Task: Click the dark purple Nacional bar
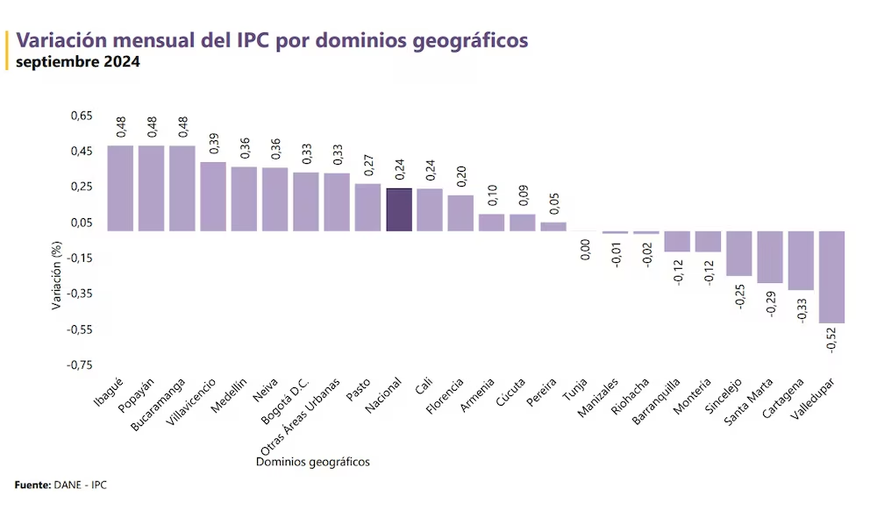pos(399,209)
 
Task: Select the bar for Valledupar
pos(831,277)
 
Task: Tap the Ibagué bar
pos(120,188)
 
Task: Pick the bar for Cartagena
pos(801,260)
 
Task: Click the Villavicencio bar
pos(213,196)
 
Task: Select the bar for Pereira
pos(553,226)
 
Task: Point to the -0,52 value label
pos(832,339)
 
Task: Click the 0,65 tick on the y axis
pos(81,116)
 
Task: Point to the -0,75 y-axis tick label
pos(79,365)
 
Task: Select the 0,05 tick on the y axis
pos(81,223)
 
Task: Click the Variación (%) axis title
pos(57,279)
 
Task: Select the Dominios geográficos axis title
pos(313,462)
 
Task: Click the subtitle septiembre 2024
pos(77,62)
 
